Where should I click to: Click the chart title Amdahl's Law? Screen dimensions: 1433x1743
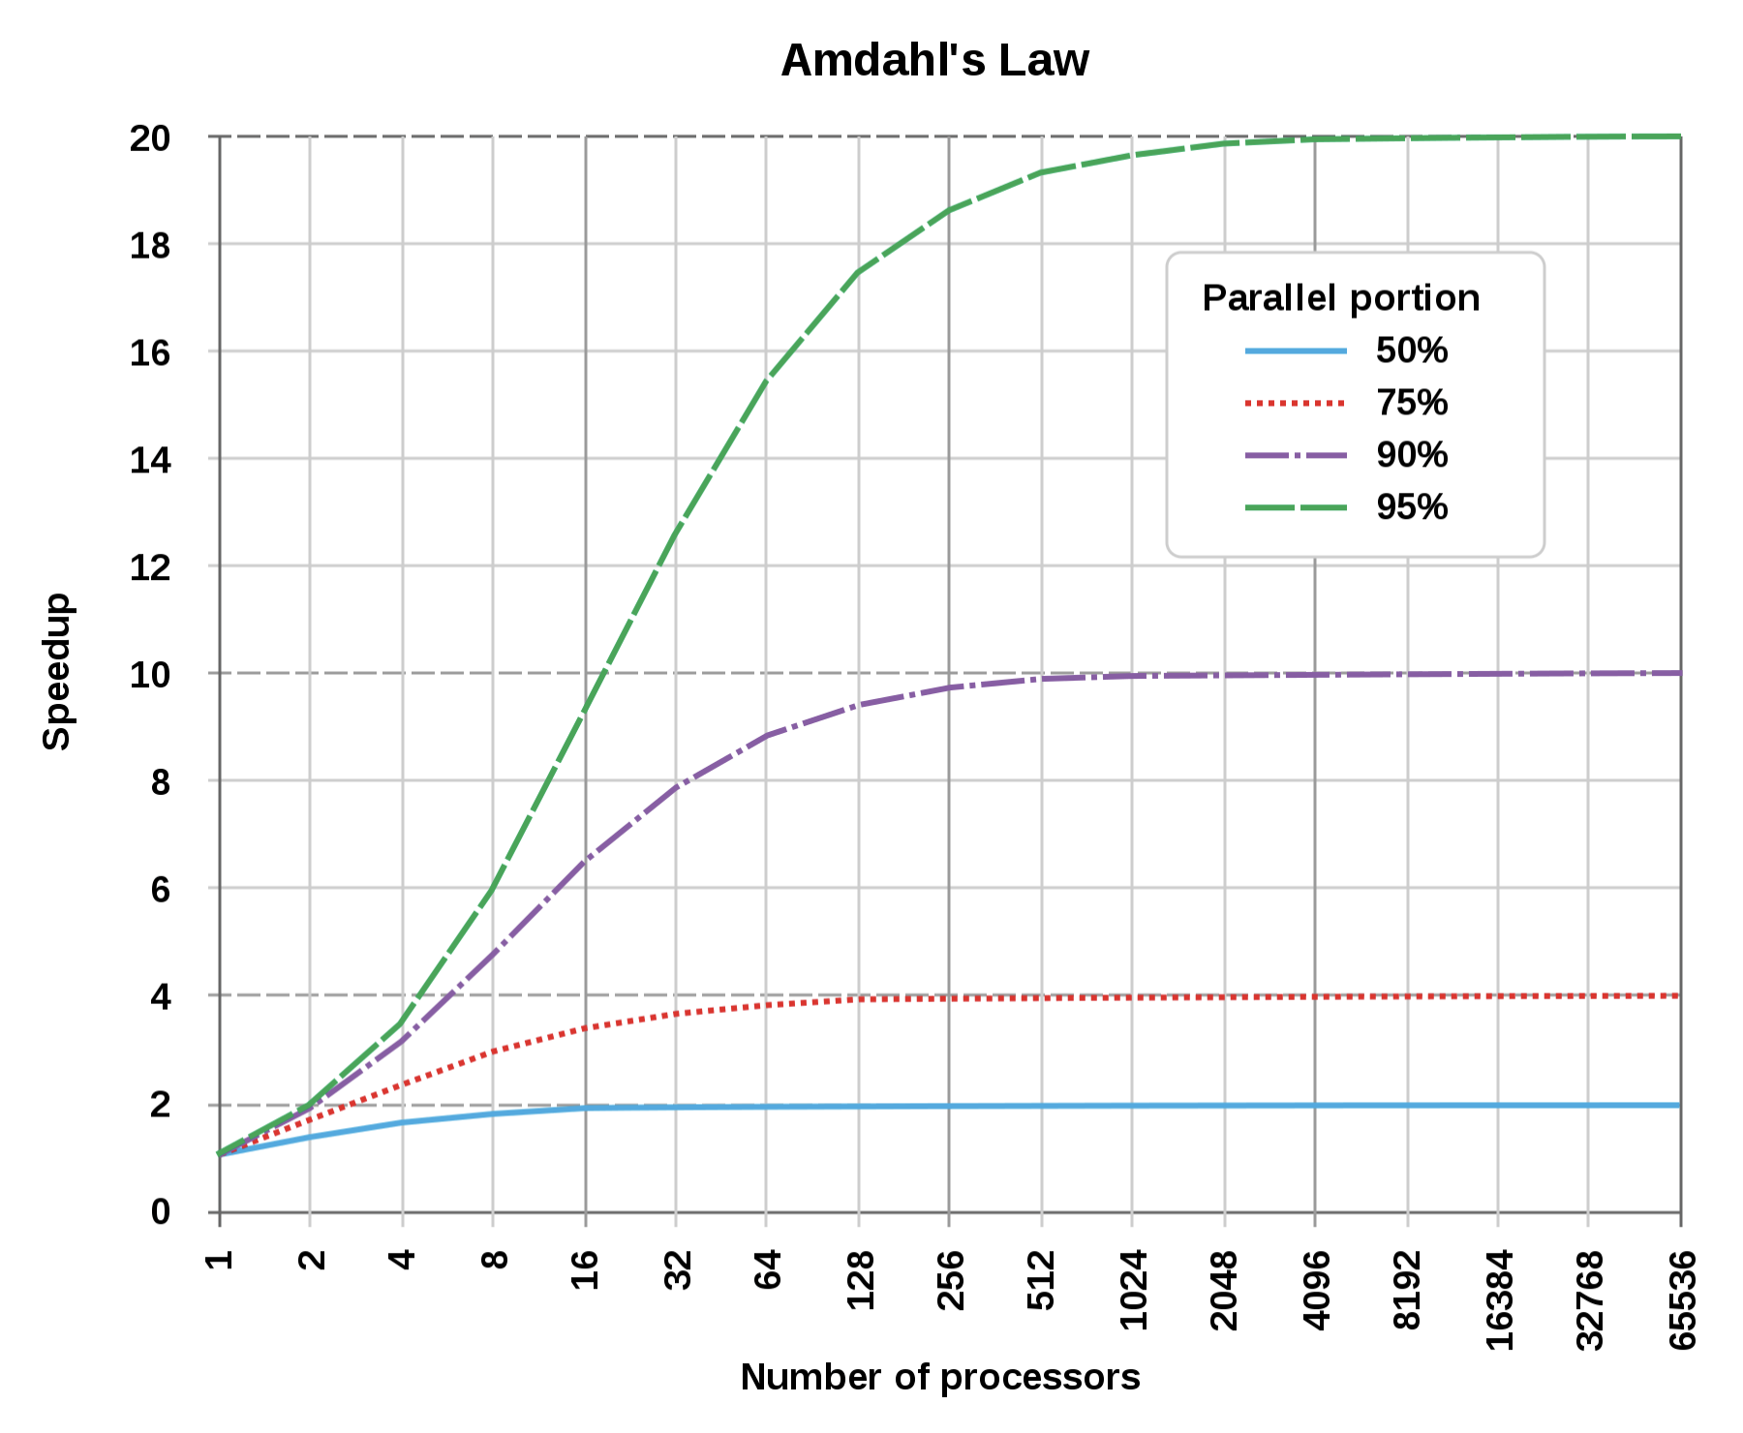(x=934, y=60)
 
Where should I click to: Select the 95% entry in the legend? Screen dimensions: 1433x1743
(x=1411, y=507)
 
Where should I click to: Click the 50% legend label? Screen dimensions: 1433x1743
(x=1411, y=351)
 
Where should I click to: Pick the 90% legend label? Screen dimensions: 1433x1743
(x=1411, y=455)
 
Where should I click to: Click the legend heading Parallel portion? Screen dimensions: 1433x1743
(x=1340, y=298)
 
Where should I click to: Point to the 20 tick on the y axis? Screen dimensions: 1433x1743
(x=150, y=138)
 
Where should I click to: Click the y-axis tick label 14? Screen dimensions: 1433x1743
(x=150, y=460)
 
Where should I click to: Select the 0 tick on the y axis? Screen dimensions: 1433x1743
(x=160, y=1211)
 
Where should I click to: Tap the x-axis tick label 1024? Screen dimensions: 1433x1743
(x=1133, y=1290)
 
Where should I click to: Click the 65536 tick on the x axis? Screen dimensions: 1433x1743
(x=1682, y=1299)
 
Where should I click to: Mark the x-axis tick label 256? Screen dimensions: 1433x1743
(x=950, y=1280)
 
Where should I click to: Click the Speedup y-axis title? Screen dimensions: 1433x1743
(x=57, y=671)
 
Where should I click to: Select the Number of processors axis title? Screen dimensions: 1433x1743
(x=939, y=1377)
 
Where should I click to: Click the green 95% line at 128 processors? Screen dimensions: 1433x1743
(x=859, y=272)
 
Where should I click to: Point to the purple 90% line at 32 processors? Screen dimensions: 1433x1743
(x=676, y=785)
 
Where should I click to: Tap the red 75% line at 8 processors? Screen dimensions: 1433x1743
(x=493, y=1051)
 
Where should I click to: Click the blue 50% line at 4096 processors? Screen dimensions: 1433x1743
(x=1315, y=1106)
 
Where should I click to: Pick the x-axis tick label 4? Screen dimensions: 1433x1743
(x=402, y=1259)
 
